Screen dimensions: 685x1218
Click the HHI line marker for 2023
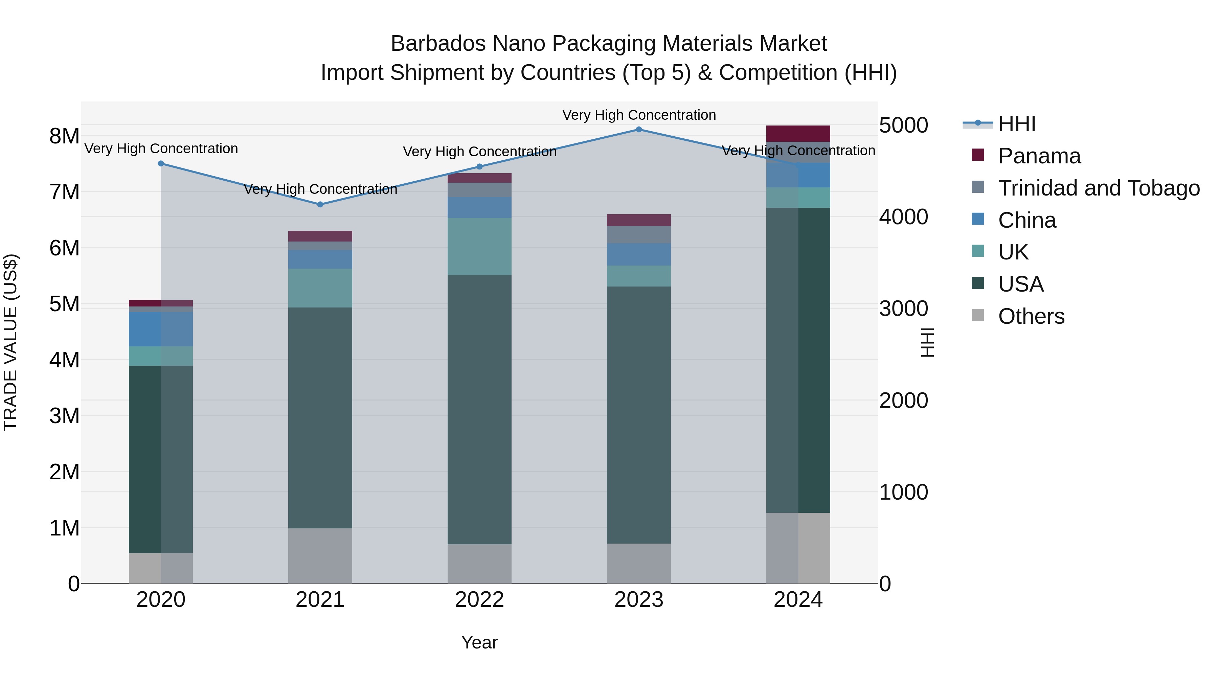click(x=638, y=130)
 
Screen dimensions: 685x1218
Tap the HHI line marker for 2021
click(x=320, y=205)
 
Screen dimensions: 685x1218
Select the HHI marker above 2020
click(x=161, y=164)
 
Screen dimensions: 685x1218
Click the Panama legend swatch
click(x=977, y=155)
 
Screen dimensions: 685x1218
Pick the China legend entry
click(x=1027, y=220)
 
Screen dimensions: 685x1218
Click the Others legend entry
click(x=1031, y=316)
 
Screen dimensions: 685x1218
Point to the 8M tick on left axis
click(x=64, y=136)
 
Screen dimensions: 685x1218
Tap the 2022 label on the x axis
click(x=479, y=600)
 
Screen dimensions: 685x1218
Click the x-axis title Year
click(x=479, y=642)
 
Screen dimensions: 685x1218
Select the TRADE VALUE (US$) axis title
click(x=10, y=342)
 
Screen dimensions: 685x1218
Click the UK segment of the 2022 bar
click(x=479, y=246)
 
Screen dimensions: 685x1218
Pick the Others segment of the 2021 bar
click(x=320, y=555)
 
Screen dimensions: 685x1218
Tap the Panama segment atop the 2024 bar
click(x=798, y=133)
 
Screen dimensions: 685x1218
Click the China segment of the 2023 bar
click(x=638, y=254)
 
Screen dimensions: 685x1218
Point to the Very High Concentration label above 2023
click(x=638, y=115)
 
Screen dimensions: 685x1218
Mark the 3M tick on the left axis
click(x=64, y=416)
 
